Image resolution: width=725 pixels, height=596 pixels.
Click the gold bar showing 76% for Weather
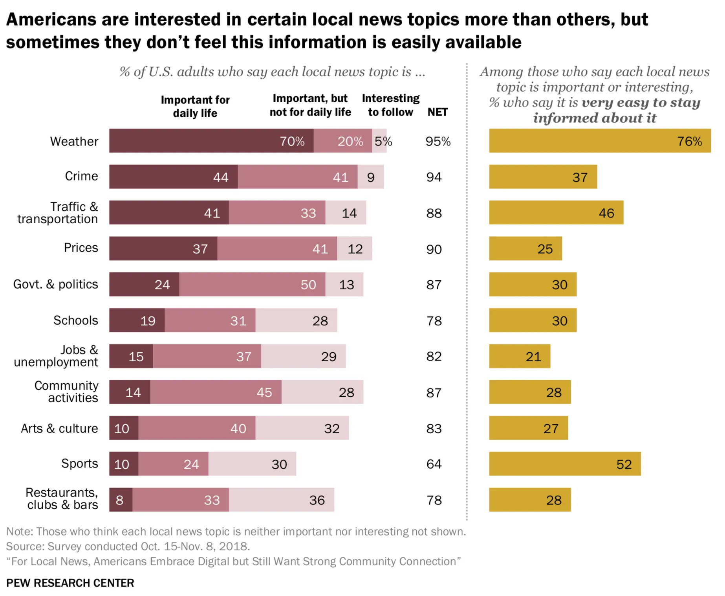coord(599,140)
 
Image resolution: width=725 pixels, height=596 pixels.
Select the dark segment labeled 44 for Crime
coord(173,177)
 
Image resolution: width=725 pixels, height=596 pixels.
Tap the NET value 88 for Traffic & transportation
coord(434,213)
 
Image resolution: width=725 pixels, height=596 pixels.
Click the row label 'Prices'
coord(81,248)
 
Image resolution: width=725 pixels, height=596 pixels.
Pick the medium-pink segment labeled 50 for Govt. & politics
coord(252,284)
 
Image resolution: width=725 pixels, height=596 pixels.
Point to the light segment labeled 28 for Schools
coord(296,320)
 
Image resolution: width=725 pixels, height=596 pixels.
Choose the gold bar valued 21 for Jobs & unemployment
coord(519,356)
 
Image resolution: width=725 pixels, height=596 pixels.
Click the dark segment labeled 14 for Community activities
coord(130,392)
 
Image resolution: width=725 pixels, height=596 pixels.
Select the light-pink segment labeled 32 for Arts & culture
coord(302,428)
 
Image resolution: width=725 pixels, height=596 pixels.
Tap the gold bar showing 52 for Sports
coord(564,464)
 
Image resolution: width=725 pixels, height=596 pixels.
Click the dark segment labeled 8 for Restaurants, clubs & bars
coord(121,500)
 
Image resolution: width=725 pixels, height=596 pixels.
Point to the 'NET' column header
coord(438,112)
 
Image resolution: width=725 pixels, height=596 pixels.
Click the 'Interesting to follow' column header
coord(390,105)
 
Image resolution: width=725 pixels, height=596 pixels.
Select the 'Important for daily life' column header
coord(195,106)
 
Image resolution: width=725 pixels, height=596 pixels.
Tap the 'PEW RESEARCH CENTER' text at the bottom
coord(70,583)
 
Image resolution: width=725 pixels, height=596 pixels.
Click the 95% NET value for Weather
coord(438,141)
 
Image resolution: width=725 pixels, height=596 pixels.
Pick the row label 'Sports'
coord(79,464)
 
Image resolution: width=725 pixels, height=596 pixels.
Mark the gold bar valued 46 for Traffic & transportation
coord(556,213)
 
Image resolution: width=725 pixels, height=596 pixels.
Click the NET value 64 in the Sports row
coord(434,464)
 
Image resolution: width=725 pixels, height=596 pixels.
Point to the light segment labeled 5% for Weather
coord(379,140)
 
